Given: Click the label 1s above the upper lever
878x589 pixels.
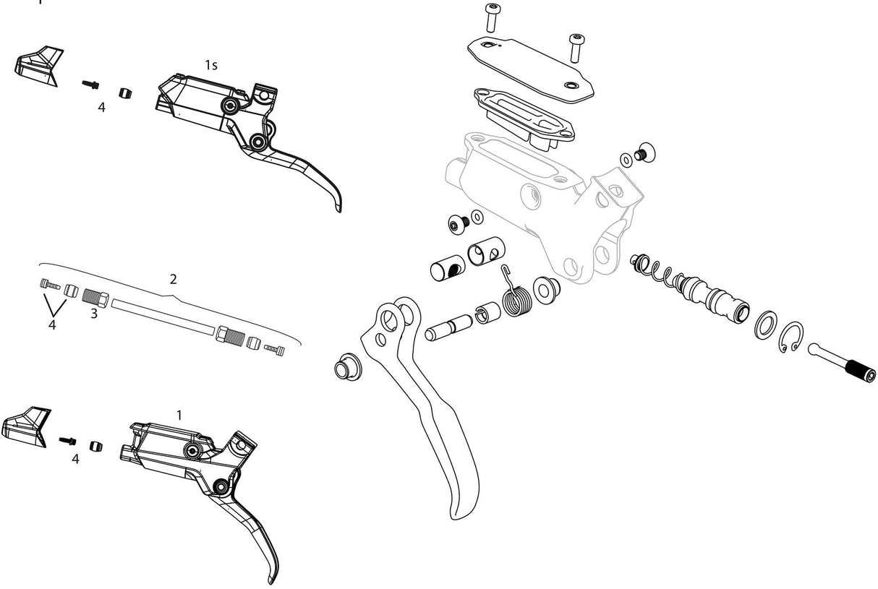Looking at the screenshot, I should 210,65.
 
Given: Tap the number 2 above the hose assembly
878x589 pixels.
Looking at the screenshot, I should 173,279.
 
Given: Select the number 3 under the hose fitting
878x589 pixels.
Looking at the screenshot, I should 94,314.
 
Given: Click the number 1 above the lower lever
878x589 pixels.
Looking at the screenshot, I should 179,415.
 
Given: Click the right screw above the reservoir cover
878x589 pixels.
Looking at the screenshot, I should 576,48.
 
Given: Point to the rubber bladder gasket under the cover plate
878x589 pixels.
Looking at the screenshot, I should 523,116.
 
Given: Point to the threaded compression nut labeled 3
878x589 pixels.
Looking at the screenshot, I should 95,296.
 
